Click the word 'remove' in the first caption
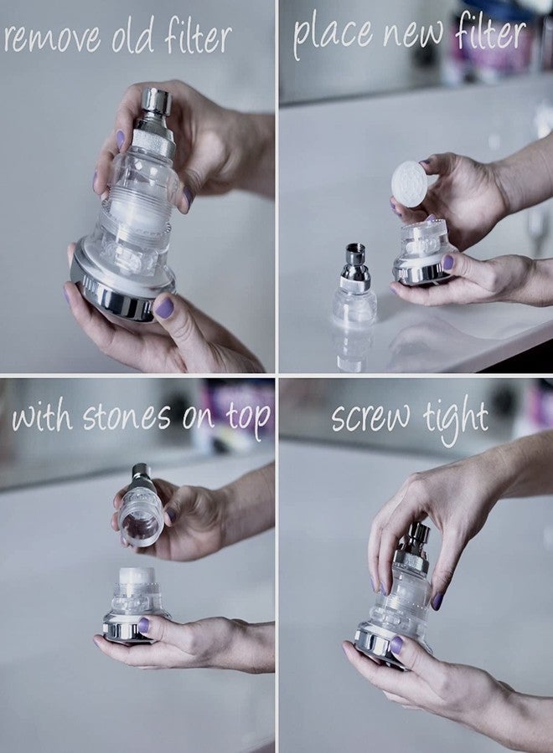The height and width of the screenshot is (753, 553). point(52,39)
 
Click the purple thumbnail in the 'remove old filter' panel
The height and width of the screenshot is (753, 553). point(164,307)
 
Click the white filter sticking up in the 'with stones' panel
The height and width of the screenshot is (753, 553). point(137,576)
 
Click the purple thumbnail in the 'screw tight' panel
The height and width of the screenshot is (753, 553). point(396,645)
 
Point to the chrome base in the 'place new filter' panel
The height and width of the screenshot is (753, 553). point(421,272)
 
